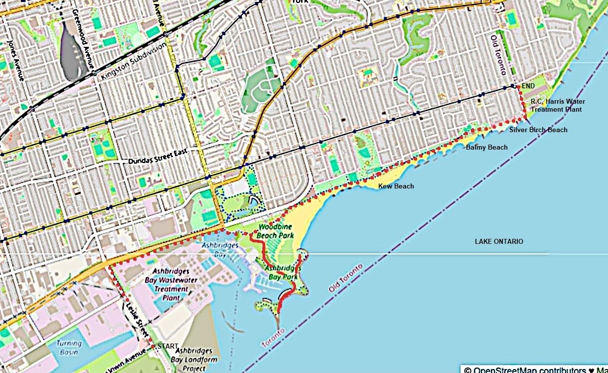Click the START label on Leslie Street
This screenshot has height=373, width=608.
coord(168,346)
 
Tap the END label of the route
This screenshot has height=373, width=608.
coord(528,86)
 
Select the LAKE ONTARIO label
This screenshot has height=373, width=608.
coord(499,241)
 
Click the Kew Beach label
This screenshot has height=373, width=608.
coord(396,186)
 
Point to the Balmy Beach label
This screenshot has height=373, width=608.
coord(486,147)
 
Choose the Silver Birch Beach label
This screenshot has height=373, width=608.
coord(538,130)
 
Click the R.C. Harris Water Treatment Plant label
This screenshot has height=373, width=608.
coord(558,105)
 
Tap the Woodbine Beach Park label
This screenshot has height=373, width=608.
coord(275,231)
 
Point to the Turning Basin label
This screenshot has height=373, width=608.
coord(69,348)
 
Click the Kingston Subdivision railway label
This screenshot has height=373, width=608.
coord(133,61)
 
